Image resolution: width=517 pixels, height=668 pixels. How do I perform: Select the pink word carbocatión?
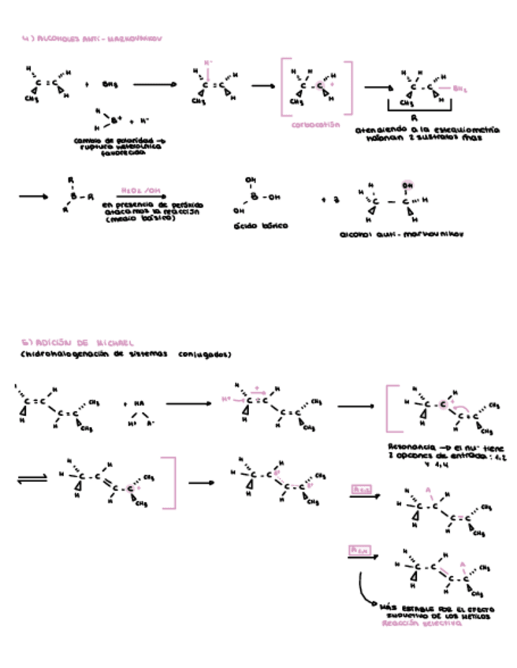pyautogui.click(x=315, y=124)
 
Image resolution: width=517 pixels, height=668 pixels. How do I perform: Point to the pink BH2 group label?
pyautogui.click(x=462, y=88)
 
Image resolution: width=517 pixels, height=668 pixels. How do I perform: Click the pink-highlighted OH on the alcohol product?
pyautogui.click(x=407, y=185)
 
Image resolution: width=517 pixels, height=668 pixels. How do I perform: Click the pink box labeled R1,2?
pyautogui.click(x=361, y=490)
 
